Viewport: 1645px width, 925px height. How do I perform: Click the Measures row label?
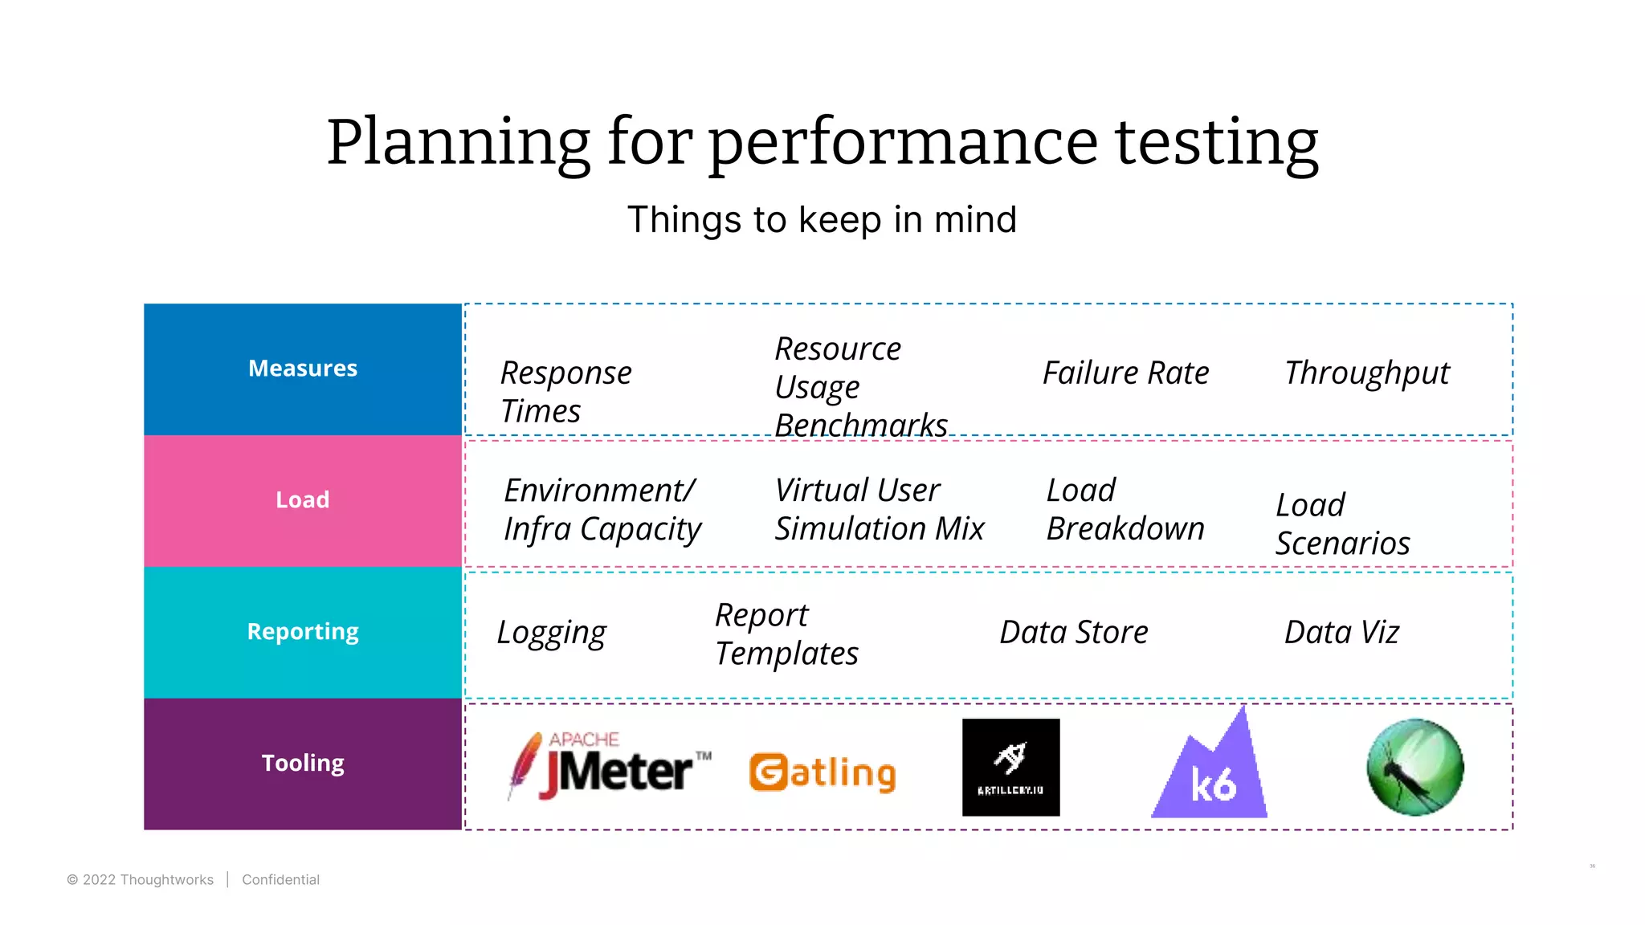pos(303,369)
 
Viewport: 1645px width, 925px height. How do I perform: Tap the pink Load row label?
pos(303,500)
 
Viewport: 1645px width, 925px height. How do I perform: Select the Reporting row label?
pos(303,632)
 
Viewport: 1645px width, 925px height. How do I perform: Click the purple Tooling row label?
pos(303,763)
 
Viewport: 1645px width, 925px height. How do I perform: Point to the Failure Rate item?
pos(1125,373)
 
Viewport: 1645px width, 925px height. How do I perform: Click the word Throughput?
pos(1367,373)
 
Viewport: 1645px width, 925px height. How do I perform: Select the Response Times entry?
pos(565,392)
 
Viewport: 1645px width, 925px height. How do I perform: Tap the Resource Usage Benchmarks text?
pos(859,387)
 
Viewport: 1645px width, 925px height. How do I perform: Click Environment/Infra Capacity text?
pos(602,510)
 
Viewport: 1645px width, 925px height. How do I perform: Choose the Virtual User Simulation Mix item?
pos(879,510)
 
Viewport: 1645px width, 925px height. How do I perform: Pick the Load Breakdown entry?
pos(1125,510)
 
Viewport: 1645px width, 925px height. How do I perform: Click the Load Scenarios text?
pos(1342,524)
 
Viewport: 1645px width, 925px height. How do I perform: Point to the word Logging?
pos(551,633)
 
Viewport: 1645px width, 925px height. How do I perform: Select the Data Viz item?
pos(1341,633)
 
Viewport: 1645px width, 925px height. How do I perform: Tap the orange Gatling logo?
pos(822,772)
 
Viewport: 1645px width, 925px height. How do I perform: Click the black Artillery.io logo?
pos(1010,768)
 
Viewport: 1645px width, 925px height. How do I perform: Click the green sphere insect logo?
pos(1415,768)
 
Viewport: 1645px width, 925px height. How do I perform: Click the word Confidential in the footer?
pos(280,880)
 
